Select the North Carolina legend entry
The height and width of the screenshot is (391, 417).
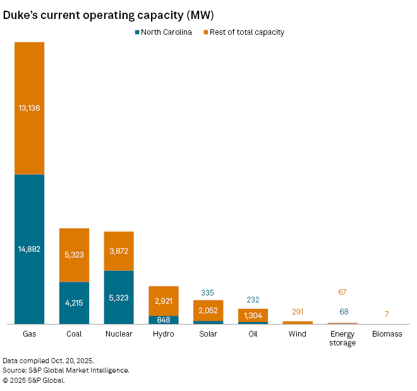tap(163, 32)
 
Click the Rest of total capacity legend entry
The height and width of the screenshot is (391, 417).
tap(243, 32)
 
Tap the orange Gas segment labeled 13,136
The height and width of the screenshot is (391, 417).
tap(29, 108)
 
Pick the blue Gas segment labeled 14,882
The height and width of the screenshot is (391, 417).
tap(29, 249)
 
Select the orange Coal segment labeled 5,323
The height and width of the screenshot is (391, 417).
tap(74, 255)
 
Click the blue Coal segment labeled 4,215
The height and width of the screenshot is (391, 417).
tap(74, 303)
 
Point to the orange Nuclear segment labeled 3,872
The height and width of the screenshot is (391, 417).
tap(119, 251)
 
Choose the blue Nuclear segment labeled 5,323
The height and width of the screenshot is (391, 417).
tap(119, 297)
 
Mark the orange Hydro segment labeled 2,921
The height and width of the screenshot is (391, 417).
tap(164, 301)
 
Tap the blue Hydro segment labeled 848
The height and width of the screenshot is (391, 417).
tap(164, 320)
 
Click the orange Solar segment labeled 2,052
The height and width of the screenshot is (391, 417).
tap(208, 310)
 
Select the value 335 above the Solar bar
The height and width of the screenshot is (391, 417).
tap(208, 293)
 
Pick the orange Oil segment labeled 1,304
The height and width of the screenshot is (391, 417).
tap(253, 315)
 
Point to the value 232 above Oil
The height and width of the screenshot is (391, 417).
tap(253, 300)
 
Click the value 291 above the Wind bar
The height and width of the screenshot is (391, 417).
tap(298, 312)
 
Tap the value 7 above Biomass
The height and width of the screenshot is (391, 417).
tap(387, 314)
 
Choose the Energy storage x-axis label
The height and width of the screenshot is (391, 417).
tap(342, 338)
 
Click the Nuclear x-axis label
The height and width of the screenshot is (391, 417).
tap(119, 334)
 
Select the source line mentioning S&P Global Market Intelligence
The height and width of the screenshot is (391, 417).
tap(66, 369)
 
